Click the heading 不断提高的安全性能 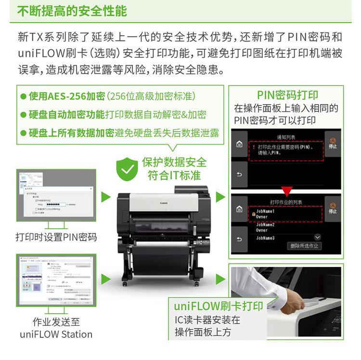tap(72, 11)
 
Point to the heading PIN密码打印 tap(287, 95)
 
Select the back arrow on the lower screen tap(239, 239)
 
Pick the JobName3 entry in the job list tap(265, 238)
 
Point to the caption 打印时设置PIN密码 tap(56, 237)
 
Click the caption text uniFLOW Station tap(56, 334)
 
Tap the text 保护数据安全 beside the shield tap(174, 162)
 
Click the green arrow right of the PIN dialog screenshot tap(105, 196)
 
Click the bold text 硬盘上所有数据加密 tap(71, 133)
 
